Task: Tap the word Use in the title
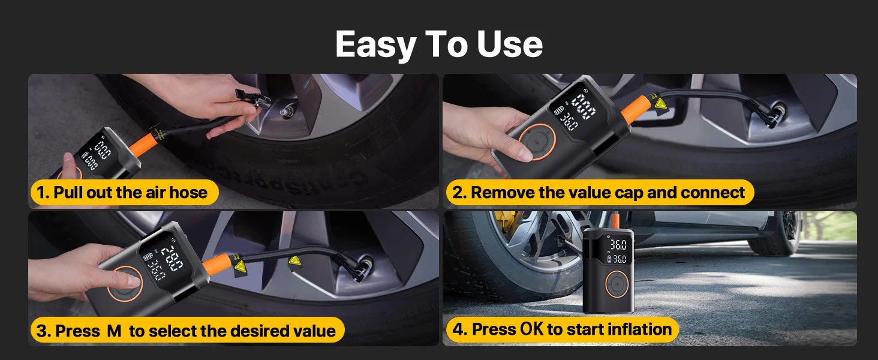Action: [510, 44]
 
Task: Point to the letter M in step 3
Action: [114, 331]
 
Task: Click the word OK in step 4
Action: [532, 329]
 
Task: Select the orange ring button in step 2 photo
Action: [537, 142]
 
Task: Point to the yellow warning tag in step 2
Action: [660, 104]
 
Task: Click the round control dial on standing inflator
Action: [617, 284]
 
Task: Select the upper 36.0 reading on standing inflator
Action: [618, 245]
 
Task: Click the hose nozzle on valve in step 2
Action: [766, 114]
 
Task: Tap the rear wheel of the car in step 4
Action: [774, 234]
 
